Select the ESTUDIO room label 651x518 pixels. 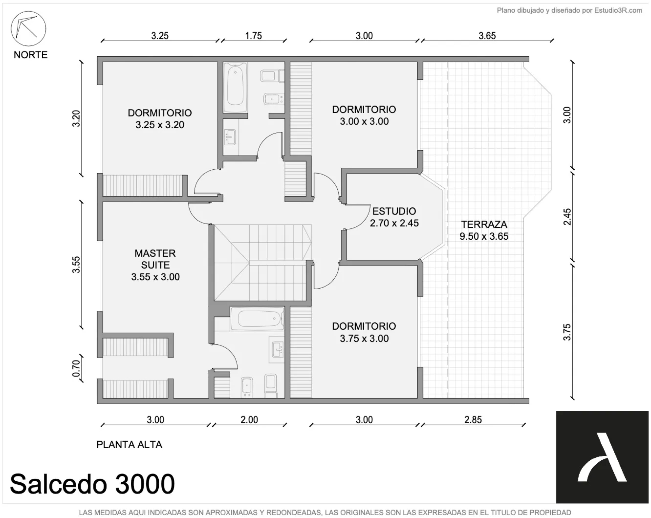[x=394, y=211]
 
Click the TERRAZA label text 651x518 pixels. [x=484, y=224]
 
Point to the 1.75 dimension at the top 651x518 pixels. [x=254, y=36]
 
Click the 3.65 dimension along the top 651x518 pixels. [x=487, y=36]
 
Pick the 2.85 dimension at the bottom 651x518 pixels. [x=473, y=420]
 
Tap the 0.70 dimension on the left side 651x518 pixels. [x=76, y=368]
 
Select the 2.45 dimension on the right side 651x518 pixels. [x=567, y=217]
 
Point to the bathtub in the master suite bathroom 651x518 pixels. [x=257, y=319]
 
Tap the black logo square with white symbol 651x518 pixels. [x=602, y=457]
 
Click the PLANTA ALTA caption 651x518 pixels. [x=129, y=445]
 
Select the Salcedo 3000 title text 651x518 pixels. [x=92, y=484]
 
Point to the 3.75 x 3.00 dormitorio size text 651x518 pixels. [x=364, y=338]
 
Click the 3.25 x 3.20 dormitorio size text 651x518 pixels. [x=160, y=125]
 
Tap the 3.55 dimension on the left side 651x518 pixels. [x=76, y=265]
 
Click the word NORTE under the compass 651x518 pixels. [x=31, y=55]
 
